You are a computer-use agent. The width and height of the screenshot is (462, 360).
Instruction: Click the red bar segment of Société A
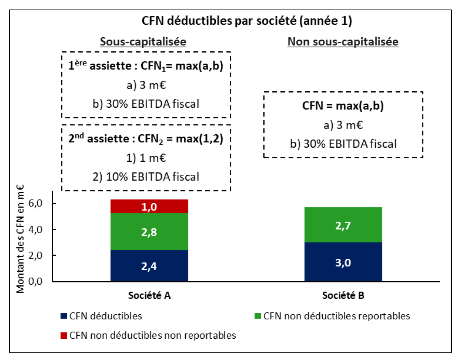coord(149,206)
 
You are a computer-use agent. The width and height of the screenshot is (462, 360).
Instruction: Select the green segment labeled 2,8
coord(149,231)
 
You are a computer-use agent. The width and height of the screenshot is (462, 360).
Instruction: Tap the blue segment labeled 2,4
coord(149,266)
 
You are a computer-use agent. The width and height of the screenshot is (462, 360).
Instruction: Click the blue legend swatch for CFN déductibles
coord(64,316)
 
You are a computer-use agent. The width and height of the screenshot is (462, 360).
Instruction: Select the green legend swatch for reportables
coord(258,316)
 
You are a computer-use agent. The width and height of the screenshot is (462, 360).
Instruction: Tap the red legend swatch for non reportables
coord(64,335)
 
